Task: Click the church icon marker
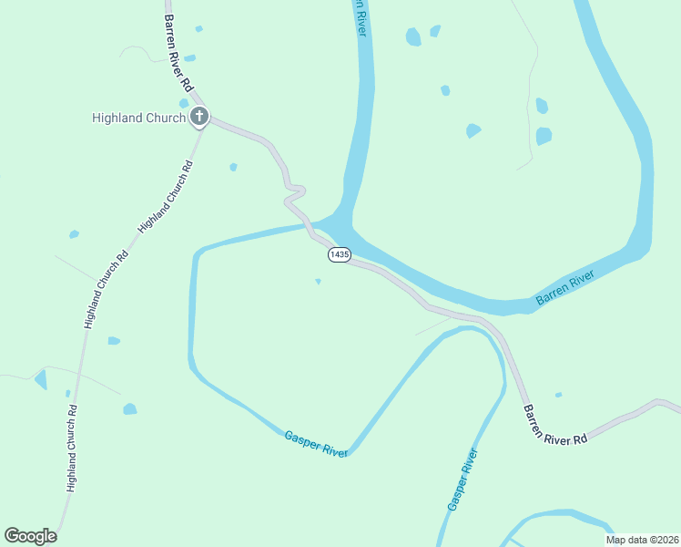[199, 117]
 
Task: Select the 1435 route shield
[339, 255]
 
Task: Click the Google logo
[30, 536]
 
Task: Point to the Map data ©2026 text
[642, 539]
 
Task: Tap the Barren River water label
[564, 287]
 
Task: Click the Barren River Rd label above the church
[178, 51]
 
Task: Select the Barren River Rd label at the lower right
[554, 425]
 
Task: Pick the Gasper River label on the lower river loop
[316, 445]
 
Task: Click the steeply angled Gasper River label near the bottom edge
[462, 480]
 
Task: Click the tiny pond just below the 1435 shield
[318, 282]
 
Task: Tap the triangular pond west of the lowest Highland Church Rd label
[41, 378]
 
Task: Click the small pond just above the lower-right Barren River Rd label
[558, 395]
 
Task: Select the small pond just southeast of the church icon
[233, 167]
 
